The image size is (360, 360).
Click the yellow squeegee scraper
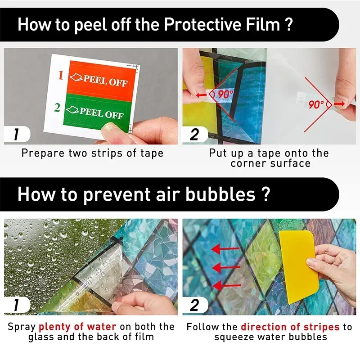[x=298, y=266]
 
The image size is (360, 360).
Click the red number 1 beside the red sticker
[x=60, y=75]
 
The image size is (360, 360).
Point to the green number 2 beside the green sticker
[x=57, y=108]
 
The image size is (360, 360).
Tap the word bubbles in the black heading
[x=220, y=194]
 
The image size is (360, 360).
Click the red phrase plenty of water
[x=77, y=327]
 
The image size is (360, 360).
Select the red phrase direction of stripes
[x=290, y=327]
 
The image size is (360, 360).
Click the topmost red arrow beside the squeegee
[x=225, y=249]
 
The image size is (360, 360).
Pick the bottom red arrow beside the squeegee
[x=227, y=286]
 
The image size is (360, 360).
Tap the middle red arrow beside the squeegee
[x=226, y=268]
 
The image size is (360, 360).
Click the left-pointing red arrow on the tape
[x=201, y=94]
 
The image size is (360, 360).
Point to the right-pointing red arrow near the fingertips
[x=339, y=104]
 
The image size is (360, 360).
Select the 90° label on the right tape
[x=316, y=104]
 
